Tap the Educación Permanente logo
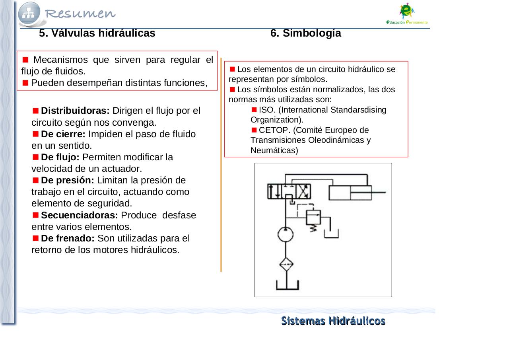407,14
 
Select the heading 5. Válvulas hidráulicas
97,33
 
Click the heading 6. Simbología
305,33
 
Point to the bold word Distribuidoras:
75,111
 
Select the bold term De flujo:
60,157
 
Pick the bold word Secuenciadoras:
80,215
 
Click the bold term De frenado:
68,238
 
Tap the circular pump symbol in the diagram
286,234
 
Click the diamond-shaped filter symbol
286,265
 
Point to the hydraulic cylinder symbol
350,193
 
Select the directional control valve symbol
289,192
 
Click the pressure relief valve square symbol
313,217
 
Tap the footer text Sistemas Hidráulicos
333,321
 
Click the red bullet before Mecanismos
25,60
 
